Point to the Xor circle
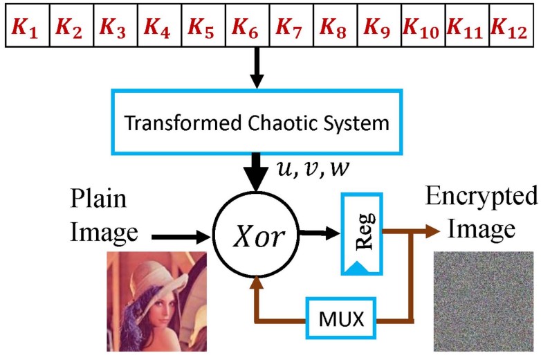257,236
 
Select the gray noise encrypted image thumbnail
484,302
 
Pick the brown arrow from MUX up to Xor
258,298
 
